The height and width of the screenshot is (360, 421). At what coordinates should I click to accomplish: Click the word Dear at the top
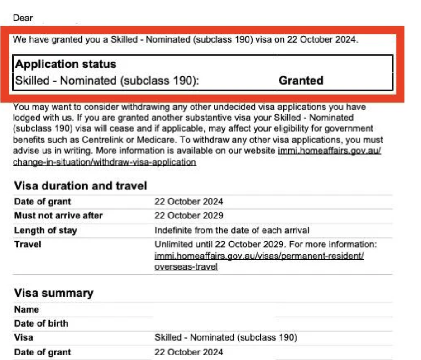[23, 19]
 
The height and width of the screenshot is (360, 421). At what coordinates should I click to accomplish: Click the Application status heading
[66, 64]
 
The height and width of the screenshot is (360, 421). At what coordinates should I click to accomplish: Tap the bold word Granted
[301, 81]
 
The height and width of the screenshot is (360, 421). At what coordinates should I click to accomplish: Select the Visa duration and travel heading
[81, 186]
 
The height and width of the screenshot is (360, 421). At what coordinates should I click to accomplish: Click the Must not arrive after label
[58, 216]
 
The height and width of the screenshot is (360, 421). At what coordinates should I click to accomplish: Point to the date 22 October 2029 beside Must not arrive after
[189, 216]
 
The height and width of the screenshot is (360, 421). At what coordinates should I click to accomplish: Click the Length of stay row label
[46, 230]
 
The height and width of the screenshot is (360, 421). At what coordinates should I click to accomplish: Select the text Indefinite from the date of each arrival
[232, 230]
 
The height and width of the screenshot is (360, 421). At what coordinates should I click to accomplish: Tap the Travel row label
[28, 245]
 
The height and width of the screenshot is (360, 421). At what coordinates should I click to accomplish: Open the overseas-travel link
[186, 266]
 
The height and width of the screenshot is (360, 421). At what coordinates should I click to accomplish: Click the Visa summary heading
[53, 293]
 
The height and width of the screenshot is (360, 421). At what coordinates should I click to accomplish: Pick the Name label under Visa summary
[27, 310]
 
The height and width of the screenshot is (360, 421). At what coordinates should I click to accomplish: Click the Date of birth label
[41, 323]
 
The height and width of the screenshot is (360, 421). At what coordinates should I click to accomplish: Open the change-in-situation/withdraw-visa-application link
[105, 162]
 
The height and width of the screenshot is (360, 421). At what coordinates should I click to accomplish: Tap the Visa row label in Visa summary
[24, 337]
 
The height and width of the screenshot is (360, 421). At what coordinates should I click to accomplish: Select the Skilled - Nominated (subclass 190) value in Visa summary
[225, 337]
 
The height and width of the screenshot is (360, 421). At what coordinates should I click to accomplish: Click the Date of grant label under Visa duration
[43, 202]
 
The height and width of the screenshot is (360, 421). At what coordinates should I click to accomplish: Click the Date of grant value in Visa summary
[189, 352]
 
